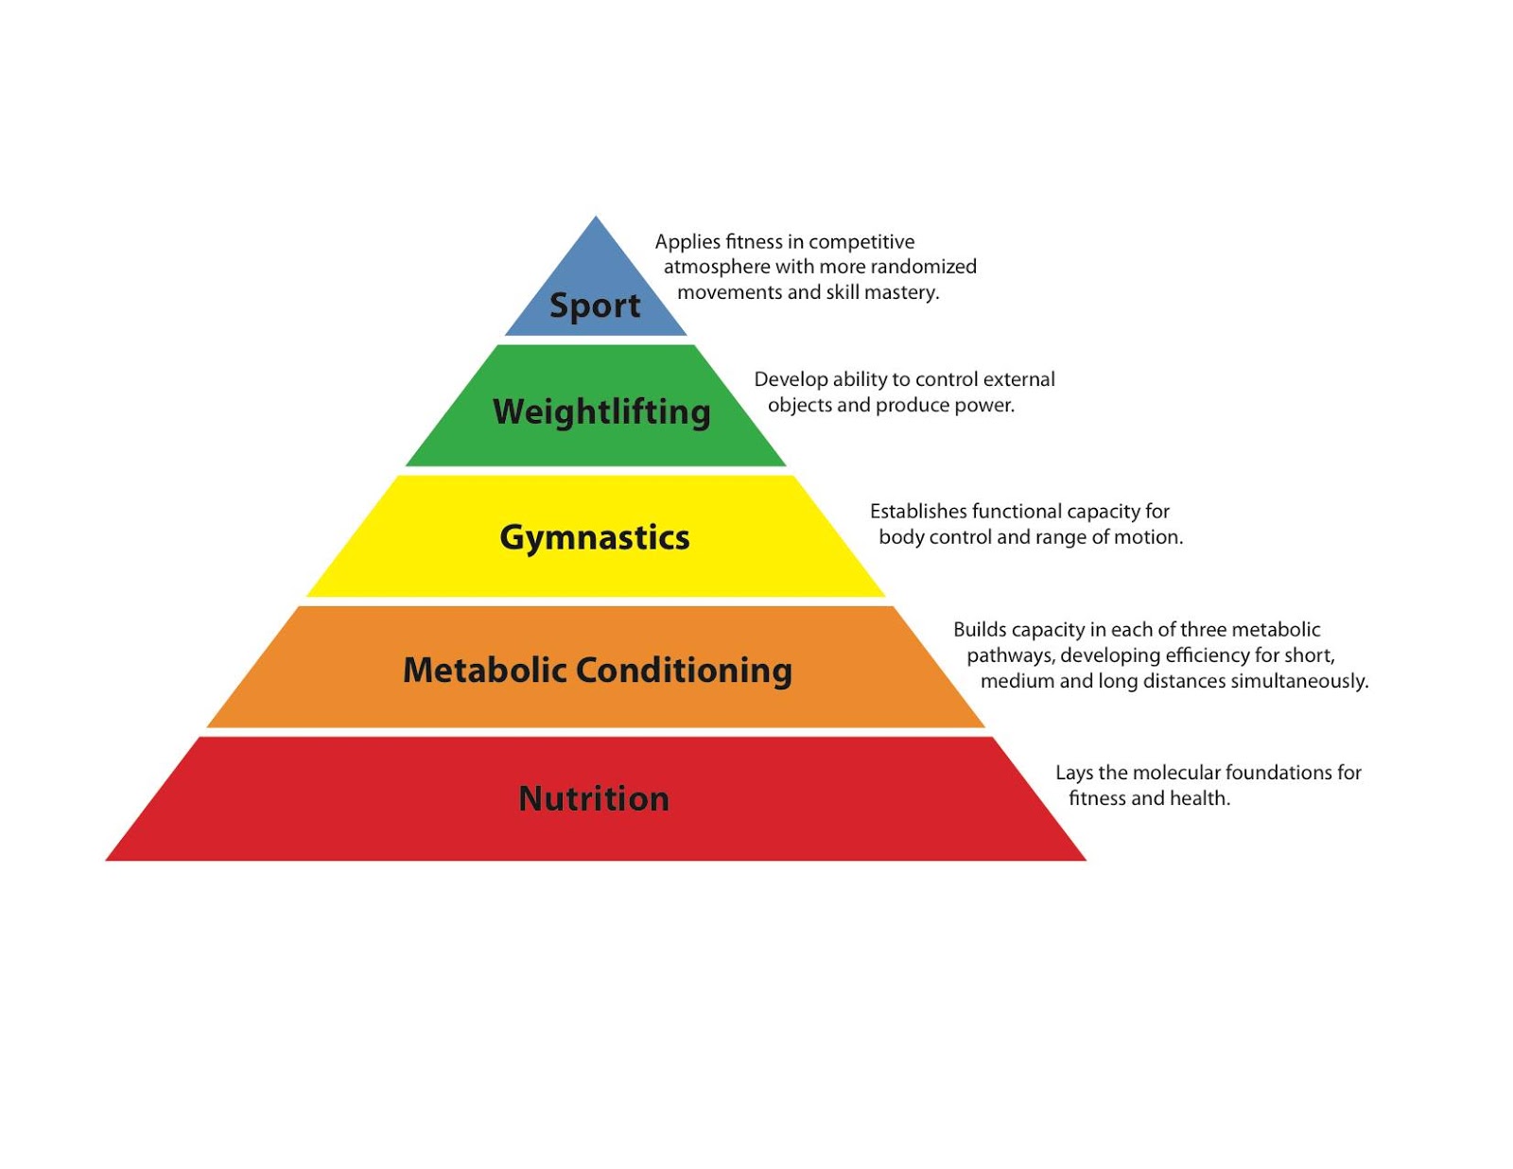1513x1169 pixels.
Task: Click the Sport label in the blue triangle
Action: [x=595, y=305]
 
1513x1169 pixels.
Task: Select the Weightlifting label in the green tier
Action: [x=601, y=411]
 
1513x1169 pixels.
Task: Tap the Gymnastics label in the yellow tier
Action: [x=595, y=537]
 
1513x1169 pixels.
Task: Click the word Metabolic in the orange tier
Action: [x=484, y=670]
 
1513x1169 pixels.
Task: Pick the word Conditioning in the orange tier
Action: [x=684, y=670]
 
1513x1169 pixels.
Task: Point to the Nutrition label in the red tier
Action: [x=594, y=798]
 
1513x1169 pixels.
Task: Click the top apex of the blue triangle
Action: [x=596, y=218]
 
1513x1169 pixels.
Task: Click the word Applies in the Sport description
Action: [x=687, y=242]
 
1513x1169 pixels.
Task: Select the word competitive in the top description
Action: [x=861, y=242]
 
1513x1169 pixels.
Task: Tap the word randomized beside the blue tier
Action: [x=923, y=267]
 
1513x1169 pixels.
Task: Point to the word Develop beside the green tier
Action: [x=791, y=379]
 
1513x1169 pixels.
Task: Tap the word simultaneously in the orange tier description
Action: [x=1298, y=681]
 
